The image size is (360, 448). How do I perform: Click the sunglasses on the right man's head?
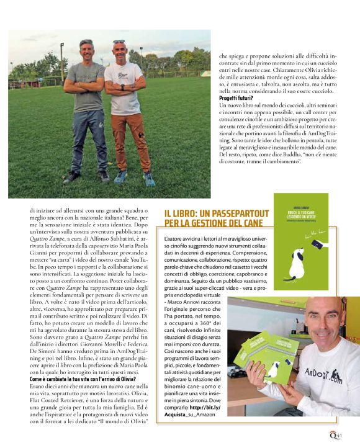click(x=119, y=42)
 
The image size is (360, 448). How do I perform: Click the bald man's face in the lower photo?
click(x=323, y=322)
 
